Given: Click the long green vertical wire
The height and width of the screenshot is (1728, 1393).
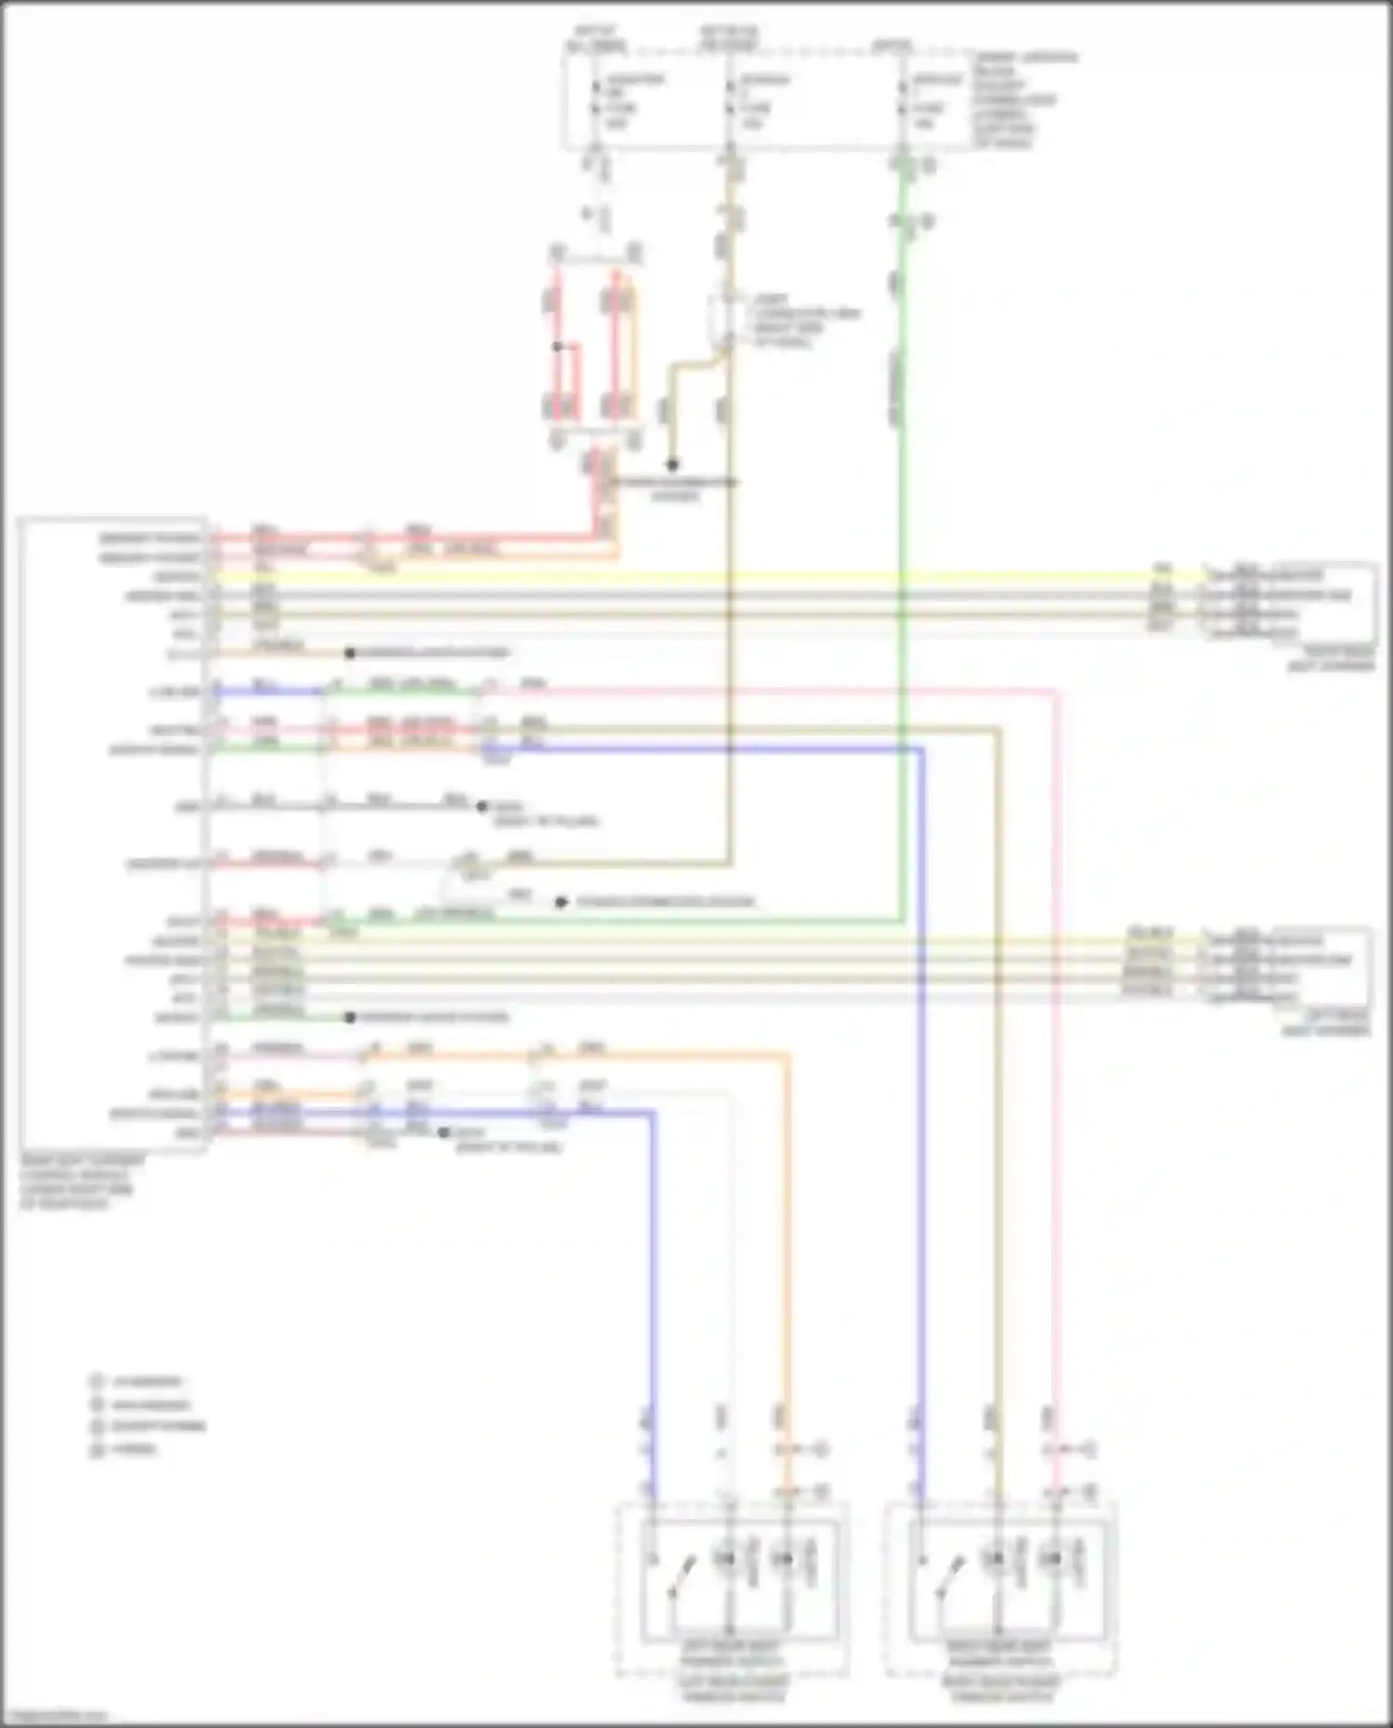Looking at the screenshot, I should pos(901,557).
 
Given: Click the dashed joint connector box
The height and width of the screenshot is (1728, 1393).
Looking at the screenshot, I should pos(723,321).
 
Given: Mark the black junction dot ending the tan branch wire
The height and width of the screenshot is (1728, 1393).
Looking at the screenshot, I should pos(672,464).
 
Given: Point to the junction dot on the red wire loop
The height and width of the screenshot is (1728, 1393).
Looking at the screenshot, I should pos(557,346).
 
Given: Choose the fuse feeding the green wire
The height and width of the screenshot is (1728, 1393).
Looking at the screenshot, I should pos(904,109).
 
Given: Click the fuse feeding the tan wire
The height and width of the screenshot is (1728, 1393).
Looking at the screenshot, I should pos(730,109).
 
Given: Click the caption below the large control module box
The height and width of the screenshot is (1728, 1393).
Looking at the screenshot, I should pos(82,1182).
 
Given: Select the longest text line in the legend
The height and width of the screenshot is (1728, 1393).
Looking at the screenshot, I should pos(159,1426).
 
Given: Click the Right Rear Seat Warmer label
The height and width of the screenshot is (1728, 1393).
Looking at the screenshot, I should pos(1330,659).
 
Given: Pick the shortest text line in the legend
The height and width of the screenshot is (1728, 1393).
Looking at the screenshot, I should pos(136,1449).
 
